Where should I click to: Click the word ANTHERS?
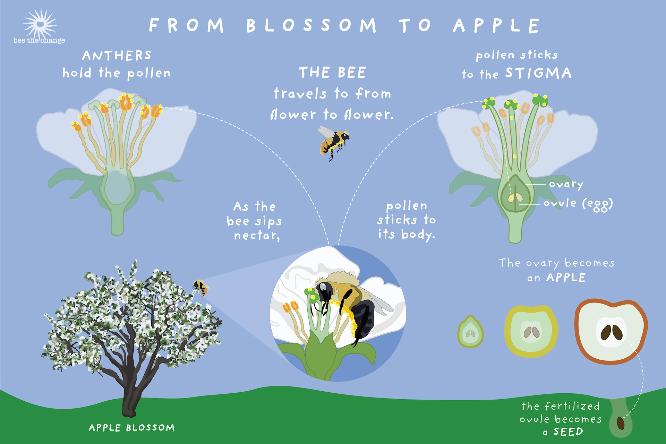117,55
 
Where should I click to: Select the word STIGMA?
538,73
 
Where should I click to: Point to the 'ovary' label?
565,184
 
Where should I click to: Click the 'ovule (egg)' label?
578,204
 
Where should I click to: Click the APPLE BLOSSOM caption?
131,428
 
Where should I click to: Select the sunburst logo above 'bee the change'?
40,24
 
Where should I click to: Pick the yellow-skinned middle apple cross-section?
531,332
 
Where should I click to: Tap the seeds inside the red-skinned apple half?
612,332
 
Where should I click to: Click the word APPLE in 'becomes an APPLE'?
566,278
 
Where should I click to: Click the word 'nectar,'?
257,236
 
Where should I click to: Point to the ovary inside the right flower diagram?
516,194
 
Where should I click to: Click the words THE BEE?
332,73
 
